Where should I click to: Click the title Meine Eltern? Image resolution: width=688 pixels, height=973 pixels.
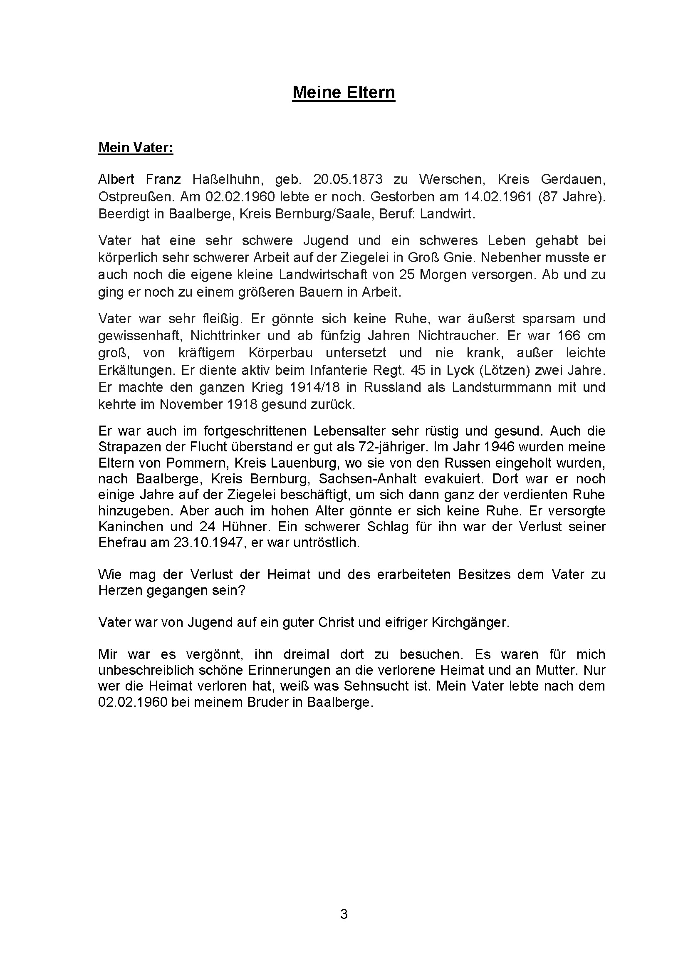[344, 92]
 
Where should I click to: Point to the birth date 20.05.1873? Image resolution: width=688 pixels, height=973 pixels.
[348, 179]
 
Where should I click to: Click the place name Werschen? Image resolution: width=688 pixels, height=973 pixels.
[452, 179]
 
